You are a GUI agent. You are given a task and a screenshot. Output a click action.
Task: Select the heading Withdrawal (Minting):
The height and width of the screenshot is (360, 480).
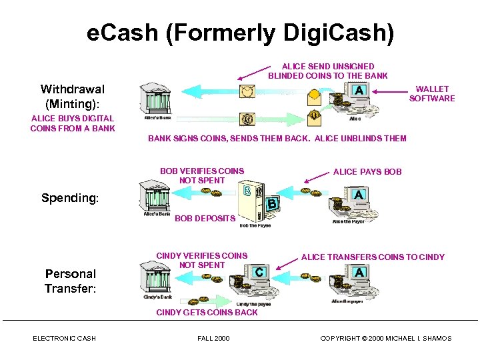[x=72, y=96]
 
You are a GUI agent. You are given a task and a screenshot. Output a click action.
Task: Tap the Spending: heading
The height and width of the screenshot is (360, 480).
[x=69, y=198]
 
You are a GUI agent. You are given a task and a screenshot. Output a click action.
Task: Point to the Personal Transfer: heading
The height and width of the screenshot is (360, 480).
[x=71, y=281]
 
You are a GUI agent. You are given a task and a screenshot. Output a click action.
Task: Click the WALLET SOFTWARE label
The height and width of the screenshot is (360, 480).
[x=432, y=93]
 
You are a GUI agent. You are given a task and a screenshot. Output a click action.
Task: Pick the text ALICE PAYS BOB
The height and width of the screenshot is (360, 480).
[x=367, y=171]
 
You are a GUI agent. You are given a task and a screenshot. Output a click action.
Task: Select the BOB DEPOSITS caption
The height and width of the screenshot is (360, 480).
[x=205, y=218]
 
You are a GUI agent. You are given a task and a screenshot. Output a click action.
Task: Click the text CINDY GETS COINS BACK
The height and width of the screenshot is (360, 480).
[x=207, y=312]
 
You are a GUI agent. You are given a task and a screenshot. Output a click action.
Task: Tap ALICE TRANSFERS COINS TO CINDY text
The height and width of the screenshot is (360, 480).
[x=373, y=257]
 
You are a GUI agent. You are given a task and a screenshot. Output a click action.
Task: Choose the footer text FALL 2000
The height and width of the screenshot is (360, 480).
[x=213, y=339]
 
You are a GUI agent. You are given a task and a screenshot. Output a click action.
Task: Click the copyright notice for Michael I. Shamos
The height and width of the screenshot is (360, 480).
[x=385, y=339]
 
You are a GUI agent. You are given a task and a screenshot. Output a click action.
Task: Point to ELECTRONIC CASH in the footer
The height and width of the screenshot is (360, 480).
[x=64, y=339]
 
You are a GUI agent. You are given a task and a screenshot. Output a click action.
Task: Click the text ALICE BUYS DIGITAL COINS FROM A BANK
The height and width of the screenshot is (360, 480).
[x=72, y=123]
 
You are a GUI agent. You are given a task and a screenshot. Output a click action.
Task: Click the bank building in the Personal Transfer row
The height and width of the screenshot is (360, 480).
[x=158, y=277]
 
